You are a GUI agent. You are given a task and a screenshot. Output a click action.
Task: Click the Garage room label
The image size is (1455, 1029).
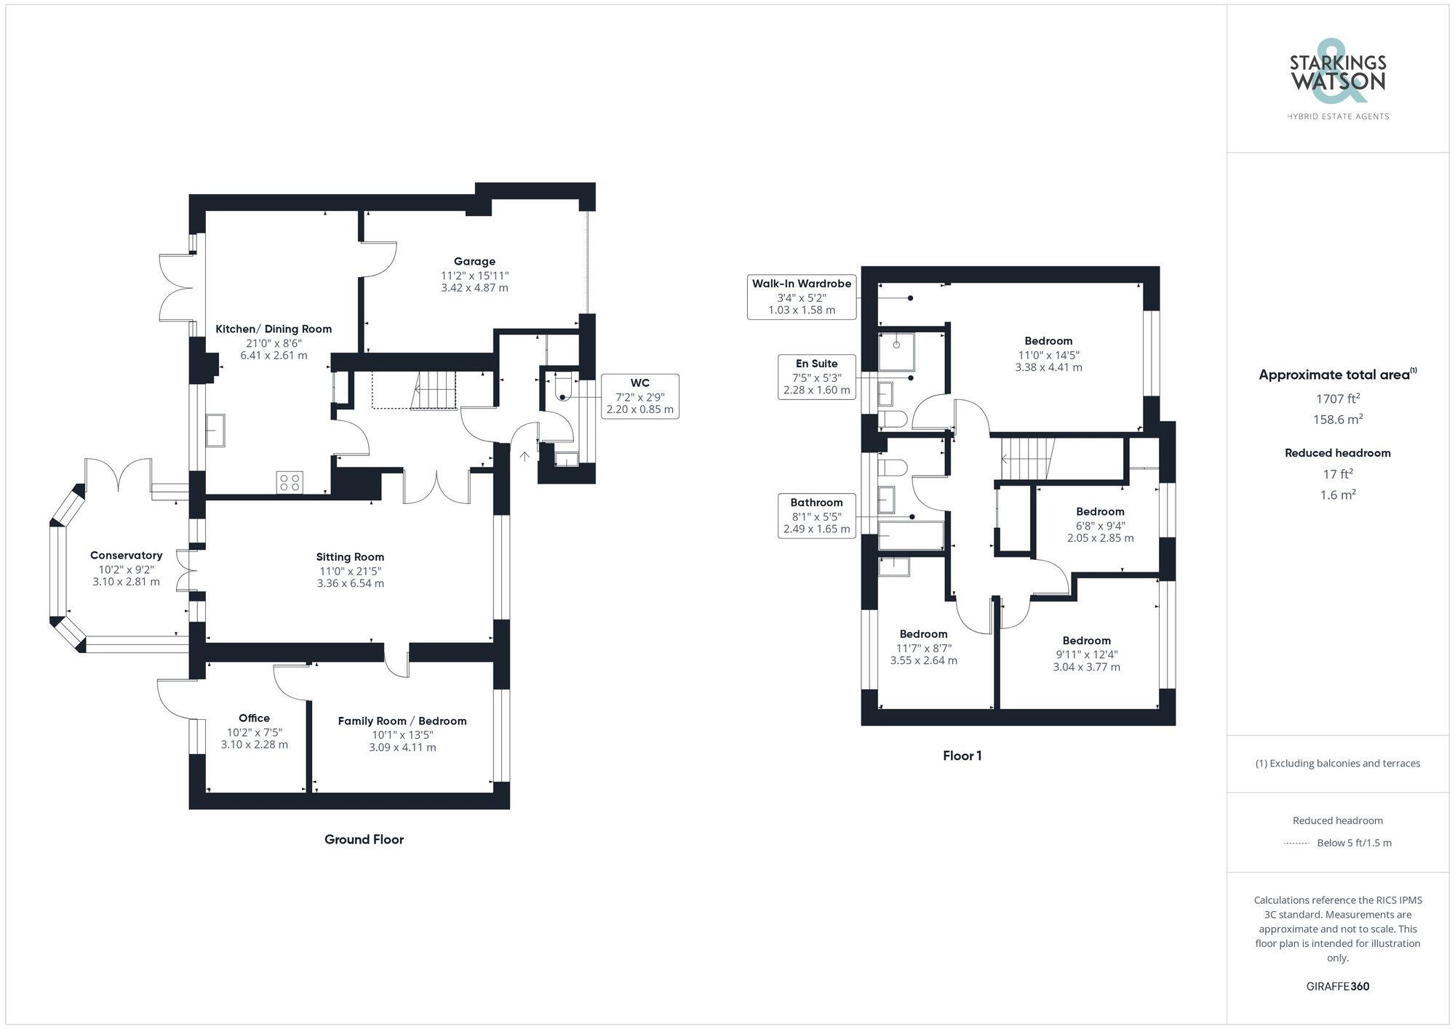(474, 261)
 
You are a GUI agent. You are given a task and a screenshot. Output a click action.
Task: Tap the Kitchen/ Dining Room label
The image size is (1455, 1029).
(274, 329)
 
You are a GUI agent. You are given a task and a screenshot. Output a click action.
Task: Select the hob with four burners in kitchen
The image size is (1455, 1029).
(290, 481)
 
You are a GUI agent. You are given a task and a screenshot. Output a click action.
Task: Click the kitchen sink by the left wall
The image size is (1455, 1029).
(215, 430)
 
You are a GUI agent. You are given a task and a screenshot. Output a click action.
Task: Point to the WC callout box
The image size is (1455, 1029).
(639, 396)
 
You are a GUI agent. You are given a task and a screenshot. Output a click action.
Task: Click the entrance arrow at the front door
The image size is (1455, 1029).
(524, 456)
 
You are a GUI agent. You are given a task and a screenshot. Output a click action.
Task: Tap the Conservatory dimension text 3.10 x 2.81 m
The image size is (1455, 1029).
(126, 582)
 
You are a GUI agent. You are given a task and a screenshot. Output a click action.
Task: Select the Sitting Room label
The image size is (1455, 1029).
(350, 557)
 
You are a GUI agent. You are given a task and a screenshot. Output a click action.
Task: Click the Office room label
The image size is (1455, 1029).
(254, 718)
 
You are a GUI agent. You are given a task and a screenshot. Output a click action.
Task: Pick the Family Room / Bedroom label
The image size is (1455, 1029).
(402, 721)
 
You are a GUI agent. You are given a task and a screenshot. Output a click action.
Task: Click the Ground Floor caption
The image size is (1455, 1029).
(364, 839)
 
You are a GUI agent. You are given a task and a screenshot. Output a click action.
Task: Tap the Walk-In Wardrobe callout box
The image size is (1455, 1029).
(801, 297)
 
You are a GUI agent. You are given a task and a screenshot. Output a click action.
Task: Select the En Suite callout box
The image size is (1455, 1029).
(816, 377)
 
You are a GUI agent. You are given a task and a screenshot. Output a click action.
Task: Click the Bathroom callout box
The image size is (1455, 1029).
(816, 516)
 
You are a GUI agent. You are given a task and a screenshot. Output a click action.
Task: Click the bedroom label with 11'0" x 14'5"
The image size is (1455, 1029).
(1048, 341)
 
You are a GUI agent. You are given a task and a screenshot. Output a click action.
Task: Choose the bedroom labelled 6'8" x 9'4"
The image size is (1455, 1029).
(1100, 512)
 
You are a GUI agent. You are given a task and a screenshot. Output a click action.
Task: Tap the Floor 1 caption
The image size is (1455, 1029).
(962, 756)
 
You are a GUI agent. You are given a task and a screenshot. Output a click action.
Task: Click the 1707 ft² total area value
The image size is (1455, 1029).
(1337, 399)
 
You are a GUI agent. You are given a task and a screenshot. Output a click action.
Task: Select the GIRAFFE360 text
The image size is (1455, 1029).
(1337, 986)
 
